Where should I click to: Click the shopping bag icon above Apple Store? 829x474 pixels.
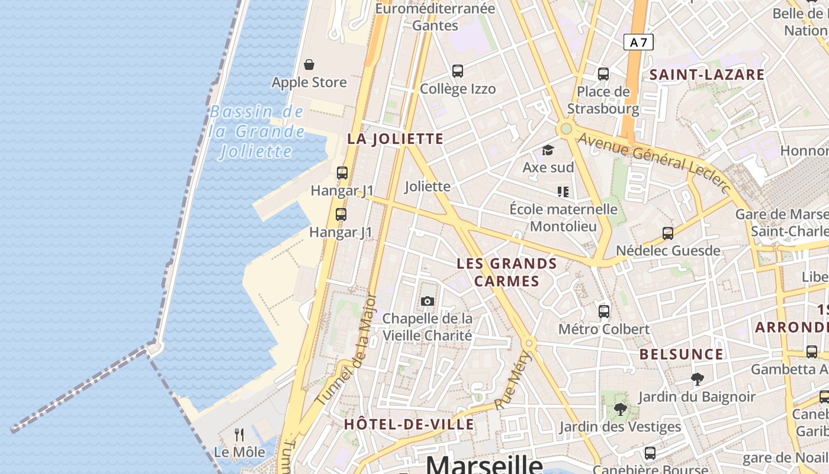point(309,65)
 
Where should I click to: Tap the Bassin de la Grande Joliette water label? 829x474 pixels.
point(256,132)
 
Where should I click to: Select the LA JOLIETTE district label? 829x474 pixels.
point(395,139)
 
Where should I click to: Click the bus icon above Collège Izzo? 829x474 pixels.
point(457,71)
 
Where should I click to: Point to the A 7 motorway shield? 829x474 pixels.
point(639,42)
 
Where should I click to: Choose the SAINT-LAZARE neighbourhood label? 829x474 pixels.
point(707,75)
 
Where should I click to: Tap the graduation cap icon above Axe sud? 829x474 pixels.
point(548,150)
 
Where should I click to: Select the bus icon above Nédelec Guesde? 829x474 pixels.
point(668,233)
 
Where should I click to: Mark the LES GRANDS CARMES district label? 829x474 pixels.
point(507,272)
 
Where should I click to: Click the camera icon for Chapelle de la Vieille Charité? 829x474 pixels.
point(427,301)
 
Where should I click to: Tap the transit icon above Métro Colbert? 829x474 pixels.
point(604,311)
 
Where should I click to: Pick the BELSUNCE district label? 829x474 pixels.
point(681,354)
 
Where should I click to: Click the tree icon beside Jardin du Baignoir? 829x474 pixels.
point(697,379)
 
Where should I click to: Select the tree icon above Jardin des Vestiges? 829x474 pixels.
point(620,409)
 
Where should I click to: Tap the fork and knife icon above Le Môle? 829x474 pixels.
point(239,435)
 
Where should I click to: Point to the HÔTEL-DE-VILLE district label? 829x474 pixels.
point(409,424)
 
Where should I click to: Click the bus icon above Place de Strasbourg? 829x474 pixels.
point(603,74)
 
